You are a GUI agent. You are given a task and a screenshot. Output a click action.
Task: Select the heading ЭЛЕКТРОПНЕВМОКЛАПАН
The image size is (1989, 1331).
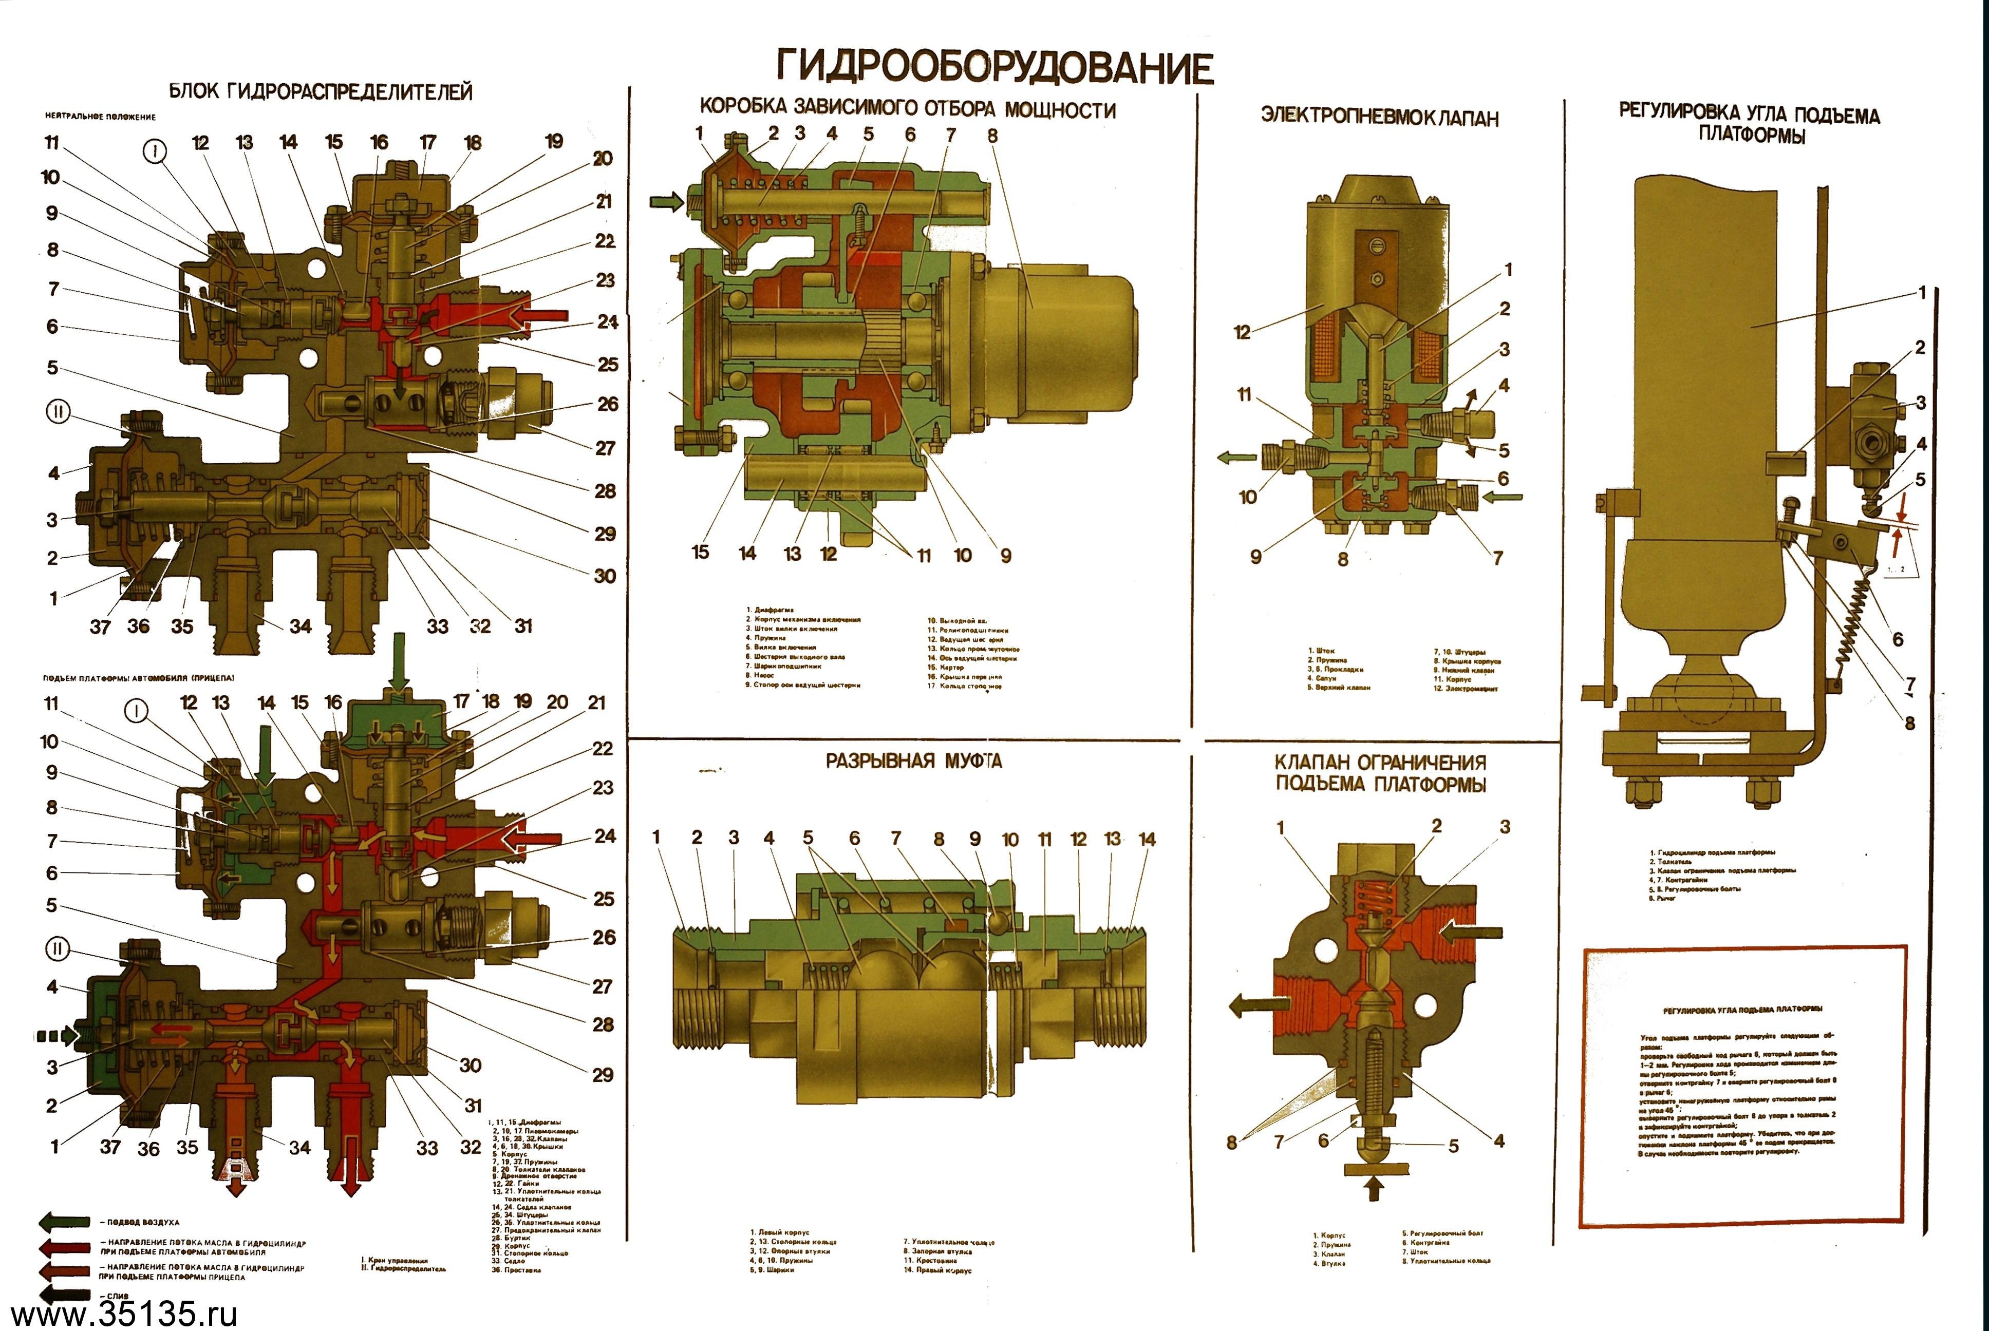[x=1379, y=117]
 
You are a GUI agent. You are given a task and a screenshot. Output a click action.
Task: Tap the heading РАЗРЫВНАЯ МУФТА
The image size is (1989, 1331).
[x=913, y=760]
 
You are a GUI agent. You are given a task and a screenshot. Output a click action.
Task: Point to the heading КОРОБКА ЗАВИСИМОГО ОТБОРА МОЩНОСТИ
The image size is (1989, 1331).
[x=907, y=109]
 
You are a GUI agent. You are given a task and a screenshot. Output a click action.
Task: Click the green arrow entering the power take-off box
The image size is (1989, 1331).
[x=666, y=202]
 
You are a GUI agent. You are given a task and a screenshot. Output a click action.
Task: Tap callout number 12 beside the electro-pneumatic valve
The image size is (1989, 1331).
[x=1242, y=332]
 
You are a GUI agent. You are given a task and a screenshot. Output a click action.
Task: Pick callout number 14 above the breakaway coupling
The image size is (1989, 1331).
[x=1147, y=839]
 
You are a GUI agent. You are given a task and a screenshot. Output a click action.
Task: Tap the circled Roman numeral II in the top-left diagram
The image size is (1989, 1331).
[x=57, y=412]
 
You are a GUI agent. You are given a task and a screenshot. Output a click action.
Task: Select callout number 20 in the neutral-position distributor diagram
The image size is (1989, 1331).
[x=603, y=159]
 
